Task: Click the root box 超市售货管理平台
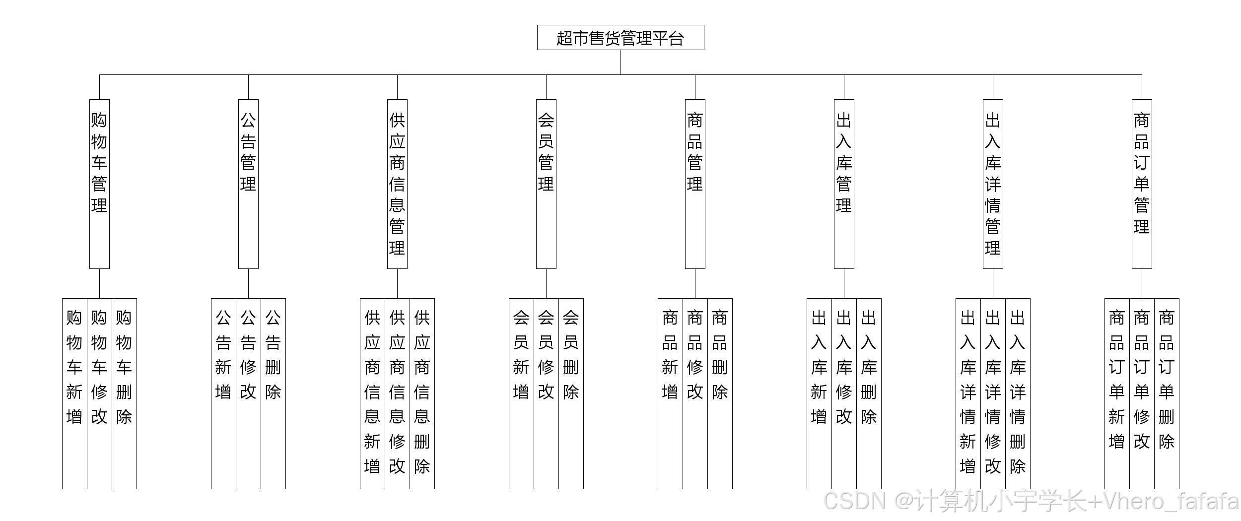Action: pyautogui.click(x=620, y=38)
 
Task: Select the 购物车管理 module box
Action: pyautogui.click(x=99, y=184)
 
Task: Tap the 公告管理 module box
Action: pyautogui.click(x=248, y=184)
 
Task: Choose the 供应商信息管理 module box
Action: pyautogui.click(x=397, y=184)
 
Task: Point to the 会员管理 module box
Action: pyautogui.click(x=546, y=184)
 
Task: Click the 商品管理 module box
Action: pyautogui.click(x=695, y=184)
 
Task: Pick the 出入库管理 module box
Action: pyautogui.click(x=844, y=184)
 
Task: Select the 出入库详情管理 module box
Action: pyautogui.click(x=993, y=184)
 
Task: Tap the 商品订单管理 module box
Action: pyautogui.click(x=1142, y=184)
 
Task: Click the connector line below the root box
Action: pyautogui.click(x=620, y=63)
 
